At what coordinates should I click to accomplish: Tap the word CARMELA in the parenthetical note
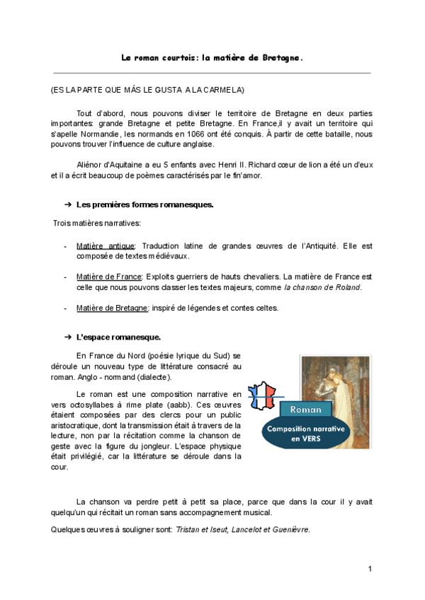226,91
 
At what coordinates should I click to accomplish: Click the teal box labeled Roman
305,409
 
